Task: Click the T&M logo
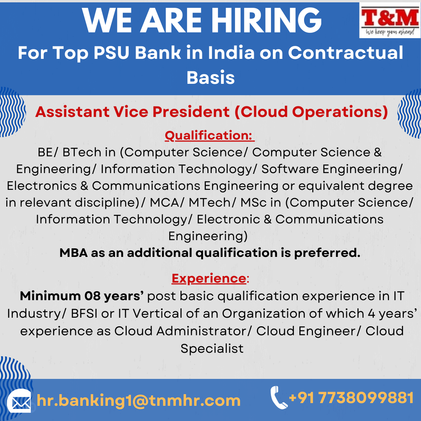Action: (x=390, y=20)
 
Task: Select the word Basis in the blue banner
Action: (x=210, y=78)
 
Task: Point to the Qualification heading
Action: (x=210, y=136)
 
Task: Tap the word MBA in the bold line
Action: (x=74, y=253)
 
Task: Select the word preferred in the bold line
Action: (x=327, y=253)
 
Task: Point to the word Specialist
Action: (x=212, y=349)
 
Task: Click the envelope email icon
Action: (x=19, y=401)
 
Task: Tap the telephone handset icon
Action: (x=278, y=398)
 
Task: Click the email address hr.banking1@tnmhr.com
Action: (x=138, y=401)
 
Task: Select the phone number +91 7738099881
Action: (x=351, y=398)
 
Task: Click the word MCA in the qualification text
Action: (x=165, y=203)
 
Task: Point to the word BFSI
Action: (x=84, y=313)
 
